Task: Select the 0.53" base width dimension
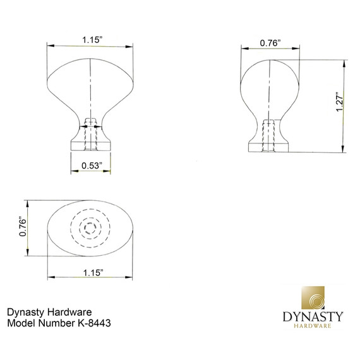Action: (91, 166)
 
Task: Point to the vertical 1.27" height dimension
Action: (339, 102)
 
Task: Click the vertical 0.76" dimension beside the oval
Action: (23, 227)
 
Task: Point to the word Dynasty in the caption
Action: (27, 312)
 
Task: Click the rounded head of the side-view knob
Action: (270, 82)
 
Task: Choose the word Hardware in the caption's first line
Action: (71, 312)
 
